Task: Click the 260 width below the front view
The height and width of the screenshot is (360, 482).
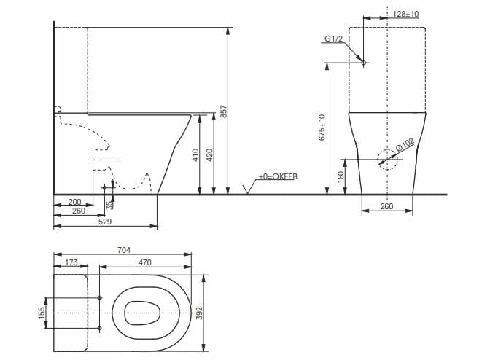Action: coord(387,207)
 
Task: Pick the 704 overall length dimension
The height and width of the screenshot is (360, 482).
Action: coord(123,250)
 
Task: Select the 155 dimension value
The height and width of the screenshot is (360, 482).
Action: coord(42,313)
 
